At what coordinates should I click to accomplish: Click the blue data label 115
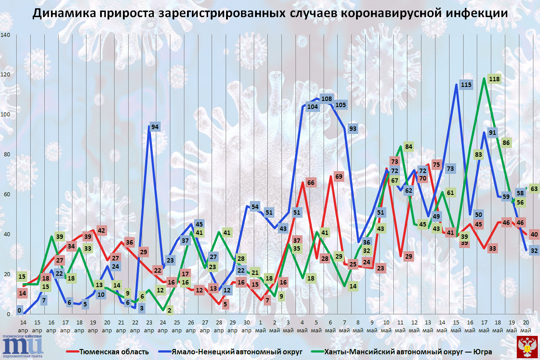(466, 85)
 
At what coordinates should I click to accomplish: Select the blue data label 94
(155, 127)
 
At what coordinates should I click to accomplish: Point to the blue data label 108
(326, 98)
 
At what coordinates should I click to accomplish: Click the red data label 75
(436, 165)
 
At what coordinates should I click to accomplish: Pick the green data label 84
(409, 146)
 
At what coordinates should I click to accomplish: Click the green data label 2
(169, 310)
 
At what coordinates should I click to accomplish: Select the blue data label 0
(19, 310)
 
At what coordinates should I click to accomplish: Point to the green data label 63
(534, 189)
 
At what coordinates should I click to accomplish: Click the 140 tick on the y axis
(5, 35)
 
